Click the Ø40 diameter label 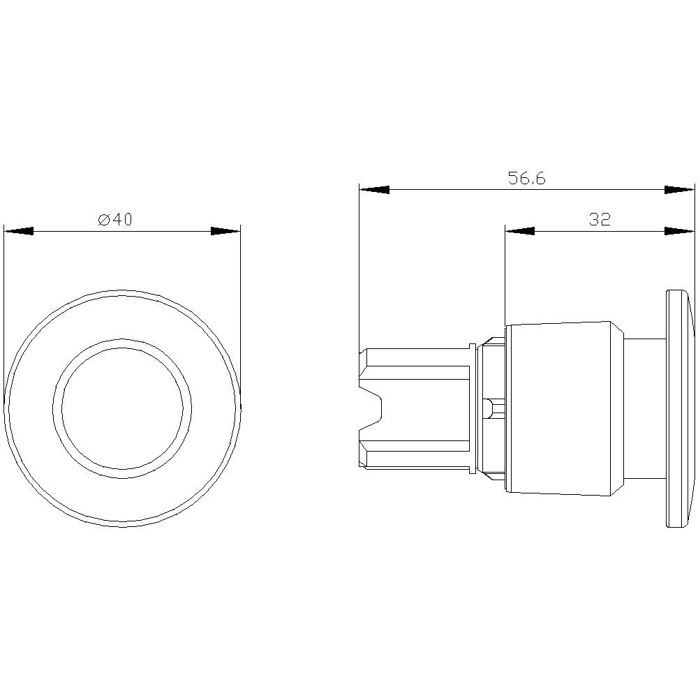(115, 219)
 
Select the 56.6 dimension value (526, 179)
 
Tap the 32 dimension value (599, 219)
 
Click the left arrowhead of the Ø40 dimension (19, 231)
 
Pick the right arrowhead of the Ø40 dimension (225, 231)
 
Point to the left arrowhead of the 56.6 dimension (374, 190)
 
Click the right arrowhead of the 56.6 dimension (680, 190)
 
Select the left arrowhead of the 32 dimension (520, 231)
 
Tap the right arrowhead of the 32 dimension (680, 231)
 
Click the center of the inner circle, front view (122, 409)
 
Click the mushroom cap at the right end (679, 409)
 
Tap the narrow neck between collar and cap (644, 409)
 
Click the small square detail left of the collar (491, 406)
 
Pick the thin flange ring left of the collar (473, 409)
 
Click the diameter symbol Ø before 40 (103, 220)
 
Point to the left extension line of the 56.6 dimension (359, 265)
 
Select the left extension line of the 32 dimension (505, 279)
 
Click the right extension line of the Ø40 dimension (240, 314)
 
